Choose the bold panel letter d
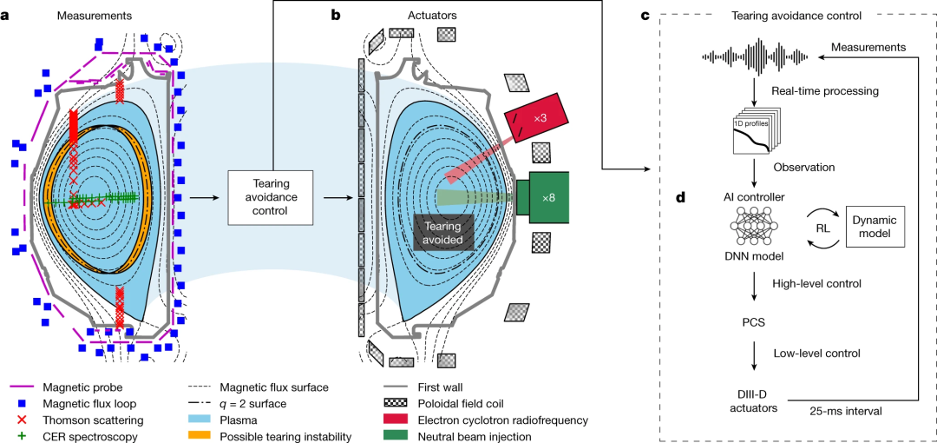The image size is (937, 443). pyautogui.click(x=679, y=198)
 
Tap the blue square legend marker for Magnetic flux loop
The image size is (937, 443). pyautogui.click(x=24, y=403)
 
